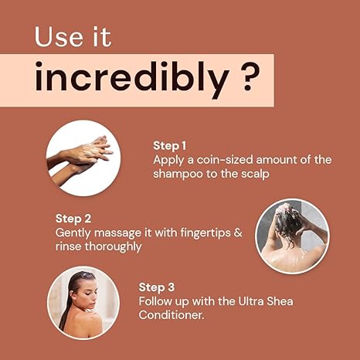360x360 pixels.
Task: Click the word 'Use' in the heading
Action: (59, 37)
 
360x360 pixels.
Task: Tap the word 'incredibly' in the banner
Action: (131, 77)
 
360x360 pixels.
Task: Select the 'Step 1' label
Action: (169, 146)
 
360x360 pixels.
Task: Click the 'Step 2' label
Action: (73, 219)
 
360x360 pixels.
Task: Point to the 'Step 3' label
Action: (157, 287)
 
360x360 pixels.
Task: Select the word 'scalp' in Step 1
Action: (255, 174)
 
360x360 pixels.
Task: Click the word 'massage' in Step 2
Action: (117, 233)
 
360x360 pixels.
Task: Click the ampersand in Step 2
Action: (238, 233)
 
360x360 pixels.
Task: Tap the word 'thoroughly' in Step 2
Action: (114, 246)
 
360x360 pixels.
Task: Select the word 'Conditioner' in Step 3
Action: (172, 315)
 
